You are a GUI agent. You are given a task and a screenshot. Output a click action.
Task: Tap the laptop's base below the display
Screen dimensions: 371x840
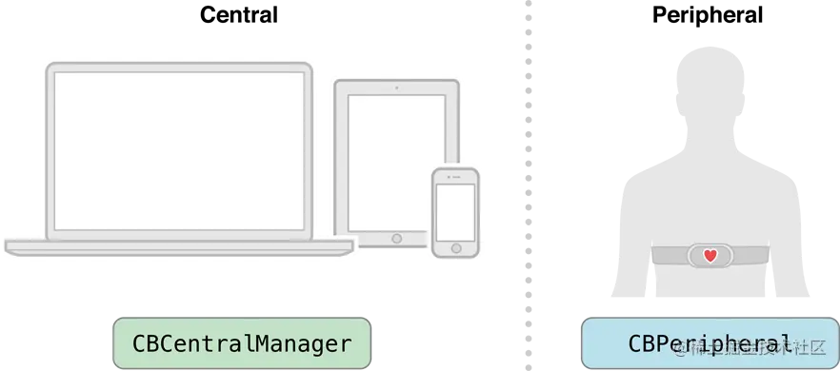tap(179, 247)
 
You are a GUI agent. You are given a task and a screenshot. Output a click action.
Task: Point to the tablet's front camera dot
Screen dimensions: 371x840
tap(396, 88)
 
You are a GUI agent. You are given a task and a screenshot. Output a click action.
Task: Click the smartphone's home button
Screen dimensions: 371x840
tap(454, 250)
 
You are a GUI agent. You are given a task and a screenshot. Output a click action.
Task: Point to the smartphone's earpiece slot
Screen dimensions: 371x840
tap(454, 178)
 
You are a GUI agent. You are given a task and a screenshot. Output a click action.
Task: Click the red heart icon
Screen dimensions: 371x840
tap(710, 255)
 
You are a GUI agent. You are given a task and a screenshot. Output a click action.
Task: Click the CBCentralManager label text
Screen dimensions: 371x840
tap(242, 343)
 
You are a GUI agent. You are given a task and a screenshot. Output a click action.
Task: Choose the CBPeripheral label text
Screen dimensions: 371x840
tap(709, 343)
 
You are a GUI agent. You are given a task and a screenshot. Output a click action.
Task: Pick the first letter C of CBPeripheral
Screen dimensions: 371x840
tap(634, 343)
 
